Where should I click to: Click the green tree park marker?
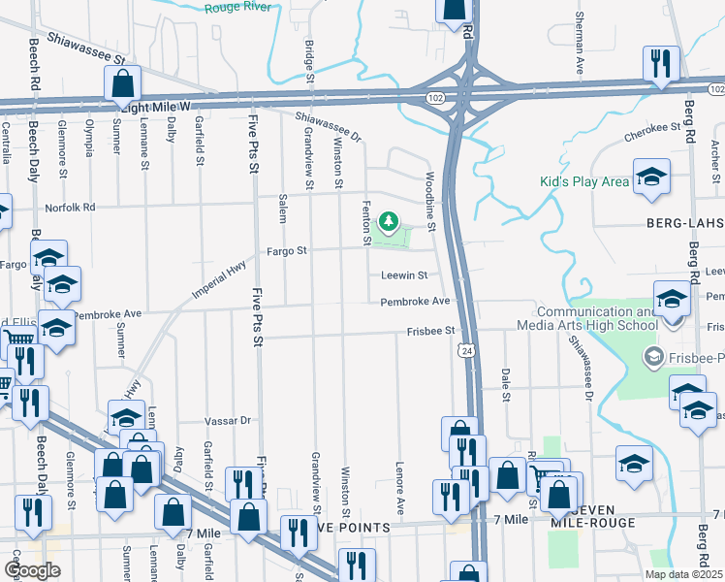tap(389, 223)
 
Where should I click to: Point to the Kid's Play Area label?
tap(584, 182)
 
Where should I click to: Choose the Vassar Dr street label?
tap(228, 421)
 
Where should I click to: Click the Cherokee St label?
tap(651, 127)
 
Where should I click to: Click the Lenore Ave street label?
tap(399, 494)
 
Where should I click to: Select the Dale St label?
tap(505, 383)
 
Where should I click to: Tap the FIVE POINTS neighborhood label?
tap(346, 527)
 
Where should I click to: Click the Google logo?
tap(32, 570)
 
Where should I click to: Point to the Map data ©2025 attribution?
tap(683, 574)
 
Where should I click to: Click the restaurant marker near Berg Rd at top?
tap(661, 65)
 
